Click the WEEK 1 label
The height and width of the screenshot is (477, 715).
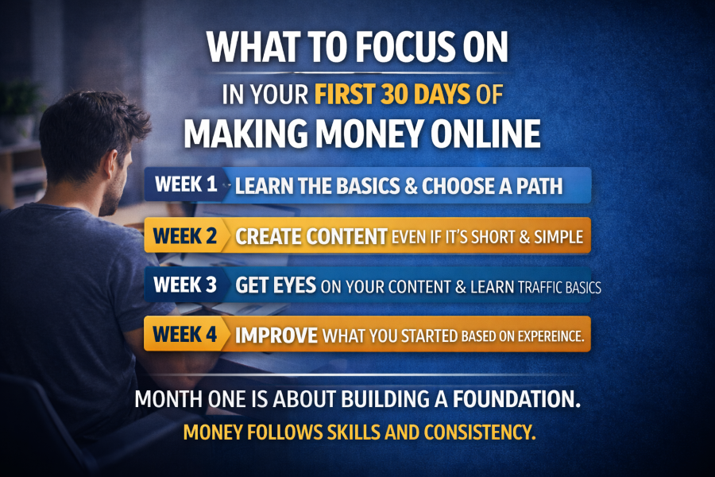tap(185, 185)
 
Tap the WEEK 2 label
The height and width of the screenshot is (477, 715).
tap(185, 236)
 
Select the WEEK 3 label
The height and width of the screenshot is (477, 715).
tap(185, 285)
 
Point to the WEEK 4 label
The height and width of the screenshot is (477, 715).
tap(185, 335)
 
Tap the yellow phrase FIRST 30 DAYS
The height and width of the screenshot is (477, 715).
tap(390, 95)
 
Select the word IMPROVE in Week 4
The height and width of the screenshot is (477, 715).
tap(277, 335)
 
